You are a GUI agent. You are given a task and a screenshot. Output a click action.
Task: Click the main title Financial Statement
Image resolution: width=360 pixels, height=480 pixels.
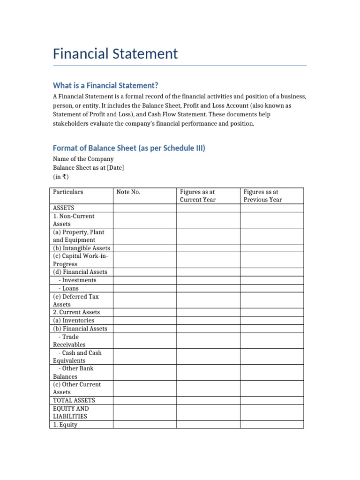click(115, 53)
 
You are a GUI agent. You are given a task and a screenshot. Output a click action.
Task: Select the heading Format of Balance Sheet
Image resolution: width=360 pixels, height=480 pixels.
click(129, 148)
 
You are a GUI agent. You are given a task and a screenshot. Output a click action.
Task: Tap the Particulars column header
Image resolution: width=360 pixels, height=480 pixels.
click(68, 192)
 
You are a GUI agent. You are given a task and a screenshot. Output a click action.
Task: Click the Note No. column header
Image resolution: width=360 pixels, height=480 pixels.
click(128, 192)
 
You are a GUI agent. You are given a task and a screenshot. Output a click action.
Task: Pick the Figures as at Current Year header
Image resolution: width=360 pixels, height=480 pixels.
click(198, 195)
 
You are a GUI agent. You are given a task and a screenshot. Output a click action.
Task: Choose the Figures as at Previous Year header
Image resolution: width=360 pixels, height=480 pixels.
click(262, 195)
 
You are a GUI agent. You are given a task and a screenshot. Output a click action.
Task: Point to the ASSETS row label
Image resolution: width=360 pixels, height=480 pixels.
click(64, 208)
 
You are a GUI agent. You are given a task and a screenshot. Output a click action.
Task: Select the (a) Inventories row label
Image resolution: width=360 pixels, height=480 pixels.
click(74, 320)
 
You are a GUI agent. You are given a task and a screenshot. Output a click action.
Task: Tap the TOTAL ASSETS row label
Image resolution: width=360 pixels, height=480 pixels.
click(74, 400)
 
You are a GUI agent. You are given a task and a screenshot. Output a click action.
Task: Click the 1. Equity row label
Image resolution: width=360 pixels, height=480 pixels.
click(65, 425)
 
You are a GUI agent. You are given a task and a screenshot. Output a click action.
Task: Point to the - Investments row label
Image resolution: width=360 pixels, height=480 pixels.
click(77, 280)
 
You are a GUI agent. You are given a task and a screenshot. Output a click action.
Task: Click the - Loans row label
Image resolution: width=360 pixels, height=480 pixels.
click(68, 288)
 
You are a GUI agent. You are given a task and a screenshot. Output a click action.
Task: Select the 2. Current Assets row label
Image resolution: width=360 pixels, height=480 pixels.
click(76, 312)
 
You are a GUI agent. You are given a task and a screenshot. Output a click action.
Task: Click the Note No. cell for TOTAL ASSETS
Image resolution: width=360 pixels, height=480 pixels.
click(144, 400)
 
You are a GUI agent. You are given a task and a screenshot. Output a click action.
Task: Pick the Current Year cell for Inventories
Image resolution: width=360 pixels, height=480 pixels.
click(208, 320)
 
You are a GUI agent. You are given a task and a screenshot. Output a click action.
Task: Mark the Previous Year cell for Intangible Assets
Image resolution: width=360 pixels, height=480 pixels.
click(272, 248)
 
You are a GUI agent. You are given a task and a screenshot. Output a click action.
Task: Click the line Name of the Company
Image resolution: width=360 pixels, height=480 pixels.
click(83, 159)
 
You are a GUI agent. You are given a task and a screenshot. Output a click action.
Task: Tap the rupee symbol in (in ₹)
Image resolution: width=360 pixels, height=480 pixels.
click(63, 177)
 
